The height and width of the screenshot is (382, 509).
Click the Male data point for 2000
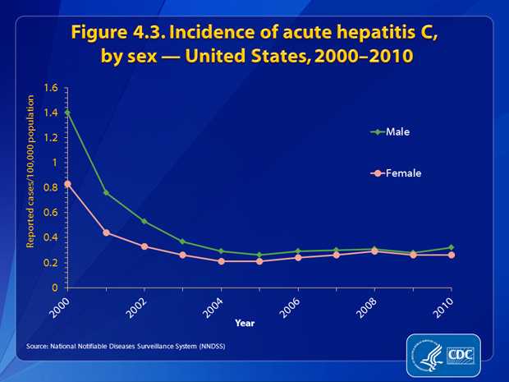tap(66, 112)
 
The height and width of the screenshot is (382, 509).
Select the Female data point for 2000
tap(66, 184)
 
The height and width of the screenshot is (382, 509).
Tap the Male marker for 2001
tap(106, 192)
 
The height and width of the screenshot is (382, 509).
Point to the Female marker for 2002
tap(144, 246)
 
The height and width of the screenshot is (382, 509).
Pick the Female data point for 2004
tap(222, 261)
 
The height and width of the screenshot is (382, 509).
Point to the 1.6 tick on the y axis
tap(51, 87)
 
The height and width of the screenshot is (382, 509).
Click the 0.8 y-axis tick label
tap(51, 187)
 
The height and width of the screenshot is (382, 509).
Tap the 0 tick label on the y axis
tap(54, 288)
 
